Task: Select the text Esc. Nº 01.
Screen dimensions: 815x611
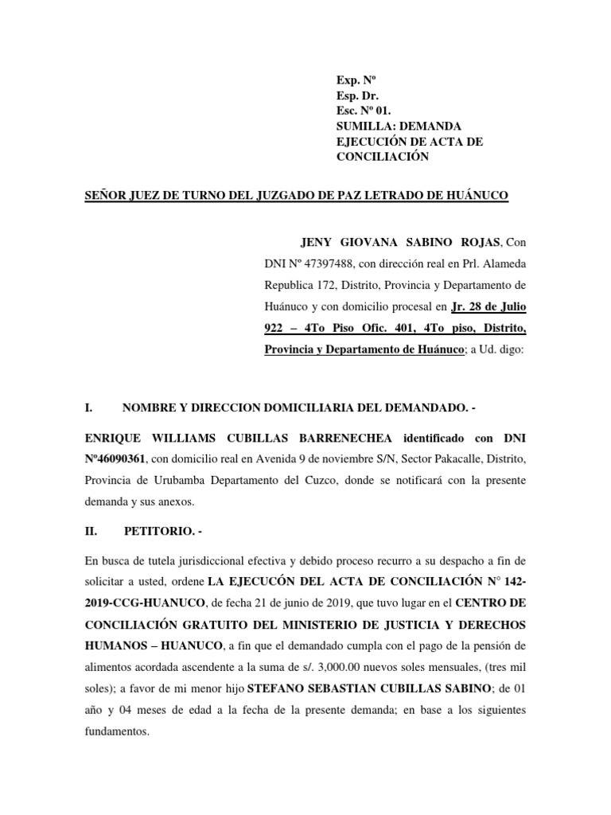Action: coord(365,111)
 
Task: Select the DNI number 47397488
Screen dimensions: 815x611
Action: coord(320,263)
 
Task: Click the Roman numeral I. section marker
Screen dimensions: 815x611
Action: coord(89,408)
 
